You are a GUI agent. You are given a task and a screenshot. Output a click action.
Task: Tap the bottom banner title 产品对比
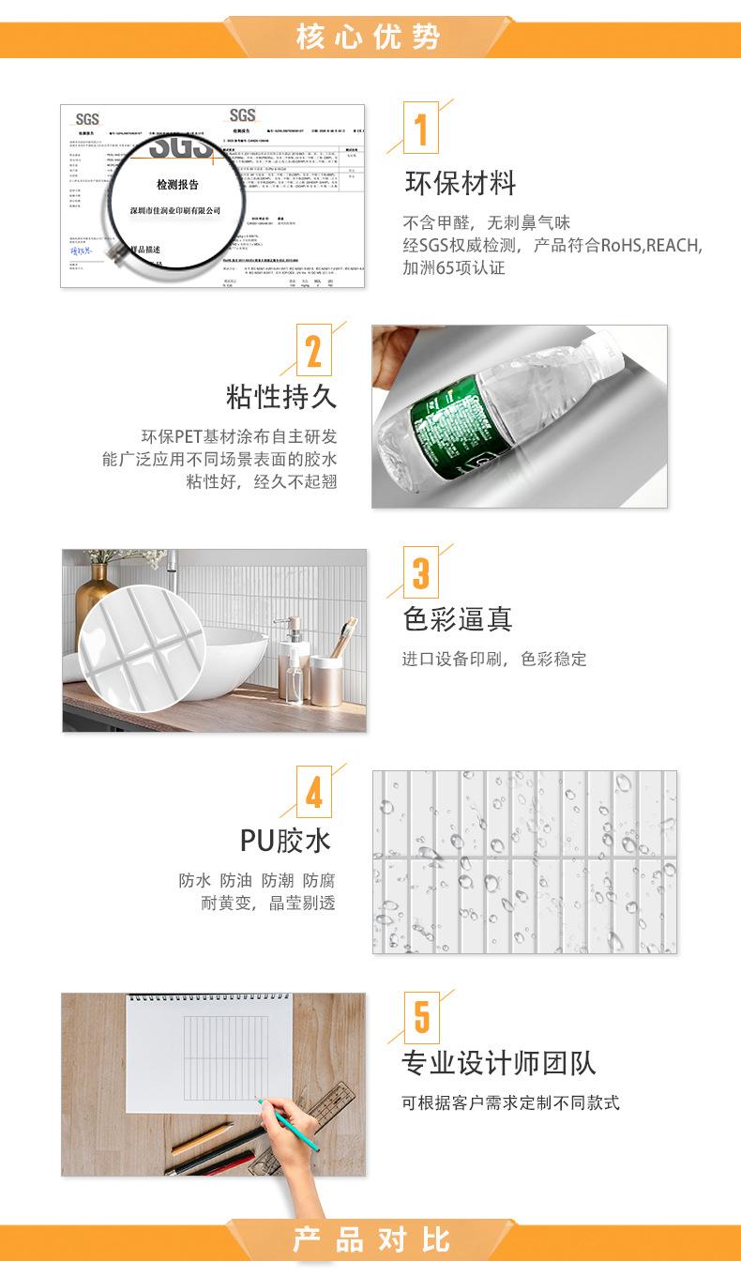point(371,1239)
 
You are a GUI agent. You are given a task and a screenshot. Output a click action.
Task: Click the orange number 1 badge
point(421,129)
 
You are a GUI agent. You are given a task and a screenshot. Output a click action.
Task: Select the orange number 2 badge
point(314,351)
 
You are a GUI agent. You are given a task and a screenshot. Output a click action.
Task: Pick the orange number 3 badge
point(421,572)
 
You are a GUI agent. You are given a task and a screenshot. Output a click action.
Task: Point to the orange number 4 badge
point(314,794)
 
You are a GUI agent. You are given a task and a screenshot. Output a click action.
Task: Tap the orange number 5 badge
point(421,1016)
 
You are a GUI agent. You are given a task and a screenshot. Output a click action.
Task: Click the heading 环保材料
point(460,182)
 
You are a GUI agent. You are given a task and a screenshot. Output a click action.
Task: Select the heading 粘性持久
point(280,396)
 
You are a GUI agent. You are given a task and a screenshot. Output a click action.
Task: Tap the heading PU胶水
point(286,840)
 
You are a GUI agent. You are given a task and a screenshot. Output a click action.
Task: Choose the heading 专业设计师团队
point(499,1062)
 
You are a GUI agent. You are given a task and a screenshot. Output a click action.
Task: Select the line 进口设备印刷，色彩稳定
point(494,659)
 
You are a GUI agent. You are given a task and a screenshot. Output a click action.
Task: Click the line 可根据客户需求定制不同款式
point(511,1102)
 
